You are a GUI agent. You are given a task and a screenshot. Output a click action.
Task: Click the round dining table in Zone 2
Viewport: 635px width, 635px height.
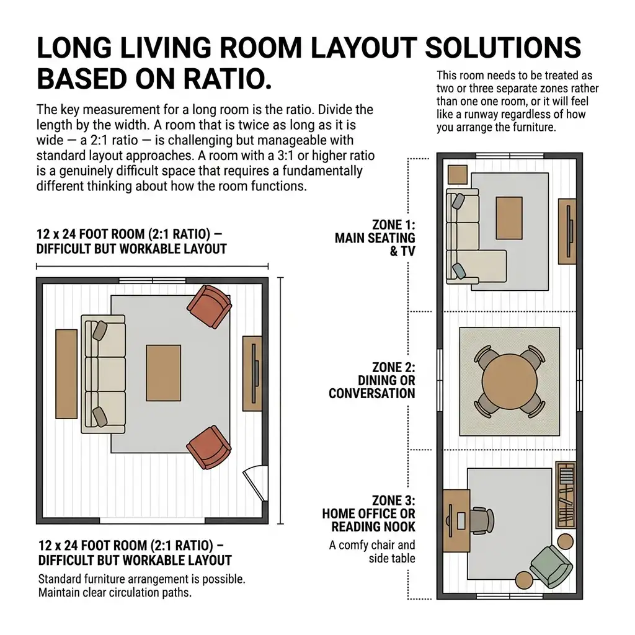[510, 381]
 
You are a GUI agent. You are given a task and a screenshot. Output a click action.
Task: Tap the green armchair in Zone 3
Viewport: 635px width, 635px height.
[551, 566]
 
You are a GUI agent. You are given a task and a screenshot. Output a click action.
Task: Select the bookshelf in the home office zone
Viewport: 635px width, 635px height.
[566, 494]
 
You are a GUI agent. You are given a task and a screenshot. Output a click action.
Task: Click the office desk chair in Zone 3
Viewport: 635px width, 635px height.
[481, 520]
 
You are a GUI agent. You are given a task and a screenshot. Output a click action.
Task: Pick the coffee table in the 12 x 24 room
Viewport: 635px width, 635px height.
[164, 373]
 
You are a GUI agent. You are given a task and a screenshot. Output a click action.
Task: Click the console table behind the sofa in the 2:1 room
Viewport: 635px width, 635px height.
[66, 374]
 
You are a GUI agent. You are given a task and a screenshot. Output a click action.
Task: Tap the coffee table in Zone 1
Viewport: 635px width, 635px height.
[509, 218]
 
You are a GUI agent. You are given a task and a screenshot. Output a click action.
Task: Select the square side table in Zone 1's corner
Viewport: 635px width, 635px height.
[458, 174]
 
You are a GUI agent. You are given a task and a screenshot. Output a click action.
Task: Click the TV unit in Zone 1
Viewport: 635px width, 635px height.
[567, 231]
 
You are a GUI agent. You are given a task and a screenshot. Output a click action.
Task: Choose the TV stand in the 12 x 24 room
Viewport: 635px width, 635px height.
[252, 373]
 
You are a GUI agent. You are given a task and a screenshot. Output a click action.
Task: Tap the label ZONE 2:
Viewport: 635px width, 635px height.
[394, 367]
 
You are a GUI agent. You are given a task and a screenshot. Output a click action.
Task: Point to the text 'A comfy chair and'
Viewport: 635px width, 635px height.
[372, 545]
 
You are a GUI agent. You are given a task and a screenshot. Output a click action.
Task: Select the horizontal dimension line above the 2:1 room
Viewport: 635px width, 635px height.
[153, 266]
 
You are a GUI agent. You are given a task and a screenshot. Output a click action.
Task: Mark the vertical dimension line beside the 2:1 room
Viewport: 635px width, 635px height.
[281, 401]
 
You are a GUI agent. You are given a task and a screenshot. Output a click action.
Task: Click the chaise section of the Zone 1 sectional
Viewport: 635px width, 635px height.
[492, 265]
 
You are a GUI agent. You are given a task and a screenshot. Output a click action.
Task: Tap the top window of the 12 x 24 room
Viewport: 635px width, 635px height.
[153, 280]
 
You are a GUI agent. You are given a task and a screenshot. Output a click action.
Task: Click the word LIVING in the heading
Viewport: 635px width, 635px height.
[166, 48]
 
